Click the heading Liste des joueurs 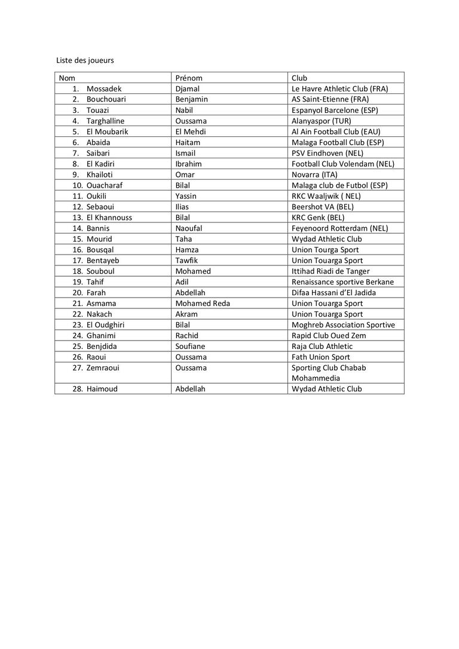(85, 60)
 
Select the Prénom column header (189, 78)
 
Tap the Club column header (299, 78)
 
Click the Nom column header (67, 78)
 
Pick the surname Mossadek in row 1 (104, 88)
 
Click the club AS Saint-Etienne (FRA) (330, 99)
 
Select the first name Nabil (184, 110)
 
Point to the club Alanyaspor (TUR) (322, 121)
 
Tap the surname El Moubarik (108, 131)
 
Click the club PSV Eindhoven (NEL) (328, 153)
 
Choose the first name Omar (185, 175)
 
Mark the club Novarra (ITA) (314, 175)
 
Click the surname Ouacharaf (105, 185)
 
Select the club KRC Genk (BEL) (318, 218)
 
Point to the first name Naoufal (189, 228)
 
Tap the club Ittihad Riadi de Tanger (331, 271)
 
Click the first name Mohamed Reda (203, 304)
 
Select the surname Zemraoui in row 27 (103, 368)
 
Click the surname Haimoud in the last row (102, 389)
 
